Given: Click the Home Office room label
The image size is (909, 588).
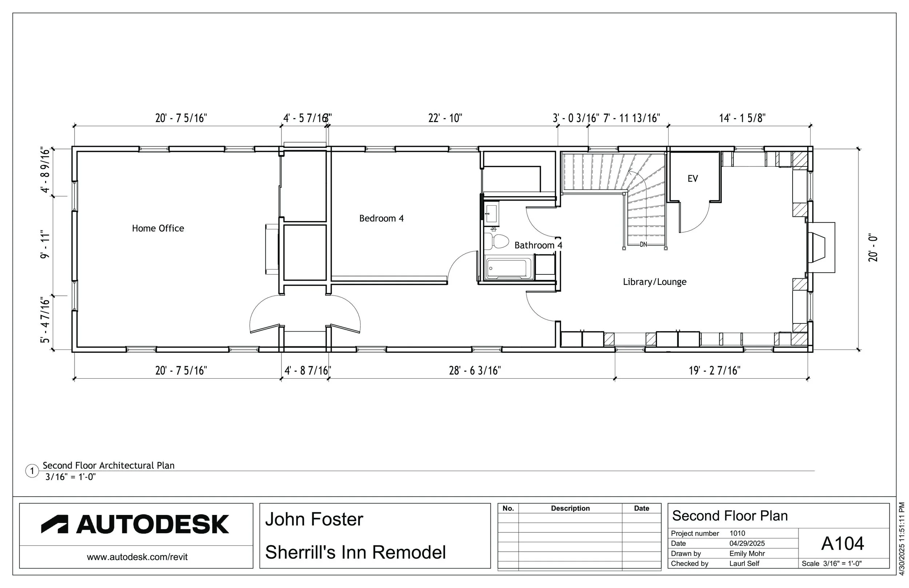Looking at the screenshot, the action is tap(158, 228).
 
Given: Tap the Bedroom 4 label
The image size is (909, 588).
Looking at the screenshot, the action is tap(381, 218).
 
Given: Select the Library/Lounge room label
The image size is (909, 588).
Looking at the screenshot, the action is tap(654, 282).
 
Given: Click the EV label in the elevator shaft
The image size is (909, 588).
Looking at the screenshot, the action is tap(693, 178).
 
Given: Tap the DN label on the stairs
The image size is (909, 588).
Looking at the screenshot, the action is tap(644, 244).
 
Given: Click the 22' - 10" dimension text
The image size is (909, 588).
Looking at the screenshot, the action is tap(445, 118).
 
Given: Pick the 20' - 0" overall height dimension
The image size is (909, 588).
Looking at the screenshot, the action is tap(873, 248).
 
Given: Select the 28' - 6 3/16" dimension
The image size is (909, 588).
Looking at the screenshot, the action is tap(475, 370).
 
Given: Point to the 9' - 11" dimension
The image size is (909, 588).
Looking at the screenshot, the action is tap(45, 244).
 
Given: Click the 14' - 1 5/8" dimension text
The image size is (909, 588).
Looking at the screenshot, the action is tap(742, 118).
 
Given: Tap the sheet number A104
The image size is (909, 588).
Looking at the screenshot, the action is tap(842, 543).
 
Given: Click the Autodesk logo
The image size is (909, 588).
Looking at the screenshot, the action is tap(135, 524).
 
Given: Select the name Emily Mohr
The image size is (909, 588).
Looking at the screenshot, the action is tap(747, 553).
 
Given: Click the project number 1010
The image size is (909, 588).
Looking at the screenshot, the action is tap(737, 533).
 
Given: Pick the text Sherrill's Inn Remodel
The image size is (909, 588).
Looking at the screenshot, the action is tap(355, 552).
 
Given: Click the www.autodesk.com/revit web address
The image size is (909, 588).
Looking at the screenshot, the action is tap(137, 557).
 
